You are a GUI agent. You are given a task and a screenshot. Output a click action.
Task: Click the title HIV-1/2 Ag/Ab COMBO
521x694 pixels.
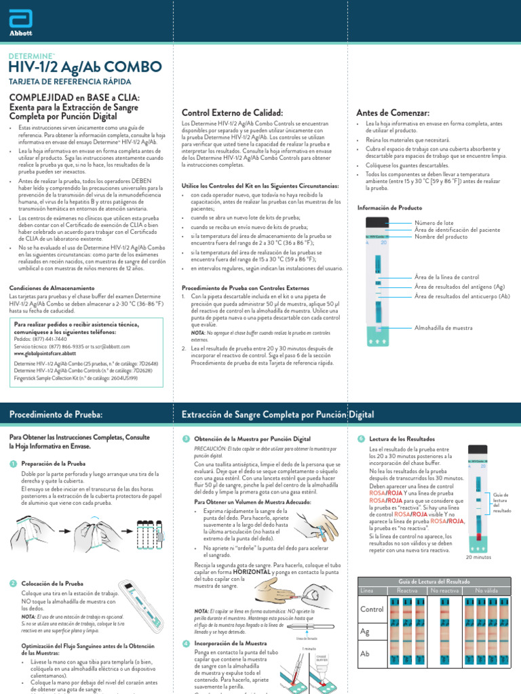(85, 66)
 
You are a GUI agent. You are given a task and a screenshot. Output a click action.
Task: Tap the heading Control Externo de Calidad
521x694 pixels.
(232, 113)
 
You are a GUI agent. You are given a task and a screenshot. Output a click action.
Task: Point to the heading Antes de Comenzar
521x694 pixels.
(393, 113)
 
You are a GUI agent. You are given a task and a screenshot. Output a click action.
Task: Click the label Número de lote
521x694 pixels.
(437, 222)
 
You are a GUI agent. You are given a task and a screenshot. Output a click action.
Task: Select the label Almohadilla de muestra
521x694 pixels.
(443, 327)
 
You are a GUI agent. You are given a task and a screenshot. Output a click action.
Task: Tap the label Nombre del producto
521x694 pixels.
(441, 236)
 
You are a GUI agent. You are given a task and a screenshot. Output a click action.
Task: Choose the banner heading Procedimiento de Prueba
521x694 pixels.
(56, 413)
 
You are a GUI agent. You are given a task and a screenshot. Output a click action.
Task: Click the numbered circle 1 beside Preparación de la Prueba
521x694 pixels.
(13, 463)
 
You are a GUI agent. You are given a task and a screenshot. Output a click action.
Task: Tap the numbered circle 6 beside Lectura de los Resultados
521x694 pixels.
(361, 439)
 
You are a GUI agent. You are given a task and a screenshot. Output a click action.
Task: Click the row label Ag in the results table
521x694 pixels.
(366, 631)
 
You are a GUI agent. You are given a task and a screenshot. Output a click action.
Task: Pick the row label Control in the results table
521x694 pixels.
(372, 609)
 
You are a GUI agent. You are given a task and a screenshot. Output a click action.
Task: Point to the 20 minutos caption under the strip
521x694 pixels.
(478, 557)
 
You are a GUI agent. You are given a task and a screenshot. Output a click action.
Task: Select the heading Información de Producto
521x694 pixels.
(389, 207)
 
